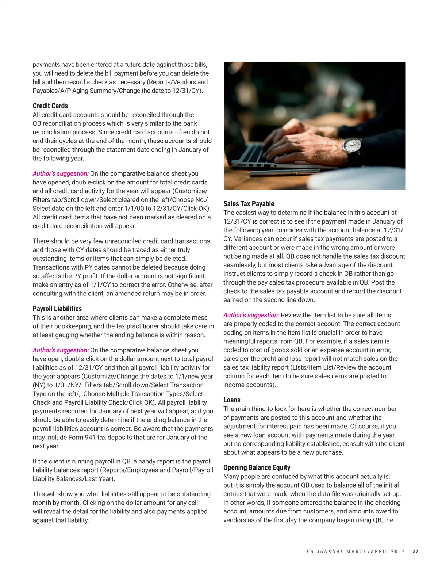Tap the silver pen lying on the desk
[299, 170]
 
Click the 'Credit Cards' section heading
[50, 106]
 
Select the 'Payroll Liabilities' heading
[57, 309]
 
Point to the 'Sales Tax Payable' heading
[249, 204]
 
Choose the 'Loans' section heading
[232, 400]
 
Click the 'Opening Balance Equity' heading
[257, 467]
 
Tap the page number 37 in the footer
[415, 551]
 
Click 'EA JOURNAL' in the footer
[325, 551]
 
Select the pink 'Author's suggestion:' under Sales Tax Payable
[251, 315]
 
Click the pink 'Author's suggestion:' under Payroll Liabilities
[61, 350]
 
